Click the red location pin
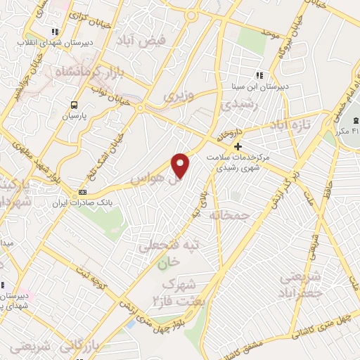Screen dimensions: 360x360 [x=181, y=165]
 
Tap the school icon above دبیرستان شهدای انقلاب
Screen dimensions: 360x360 [x=55, y=31]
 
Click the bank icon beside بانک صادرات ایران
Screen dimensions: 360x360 [x=83, y=192]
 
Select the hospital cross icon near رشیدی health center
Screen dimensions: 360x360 [x=238, y=147]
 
